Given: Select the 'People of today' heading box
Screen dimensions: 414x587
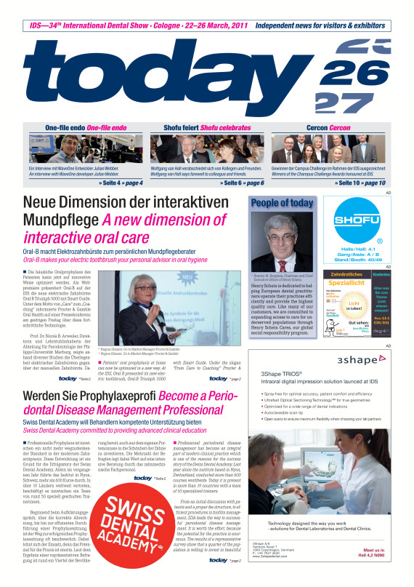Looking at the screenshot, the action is click(x=282, y=204).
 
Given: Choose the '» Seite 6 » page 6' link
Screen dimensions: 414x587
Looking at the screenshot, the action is click(x=242, y=182).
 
